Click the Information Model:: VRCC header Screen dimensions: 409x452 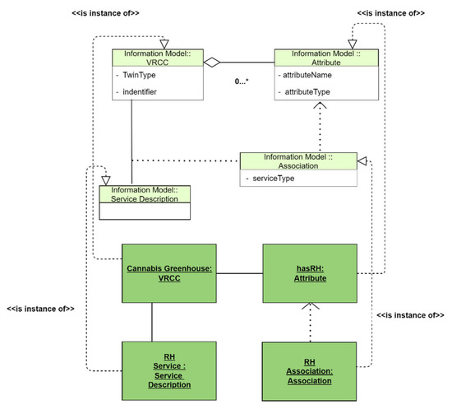tap(158, 60)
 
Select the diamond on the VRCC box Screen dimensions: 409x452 tap(212, 62)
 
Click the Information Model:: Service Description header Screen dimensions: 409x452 tap(144, 193)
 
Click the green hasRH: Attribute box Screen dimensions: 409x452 tap(310, 274)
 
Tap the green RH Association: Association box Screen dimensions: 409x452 tap(310, 366)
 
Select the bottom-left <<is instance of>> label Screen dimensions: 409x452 tap(41, 309)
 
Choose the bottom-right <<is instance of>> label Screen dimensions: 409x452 tap(409, 315)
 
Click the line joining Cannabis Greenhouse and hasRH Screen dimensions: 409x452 tap(239, 273)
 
